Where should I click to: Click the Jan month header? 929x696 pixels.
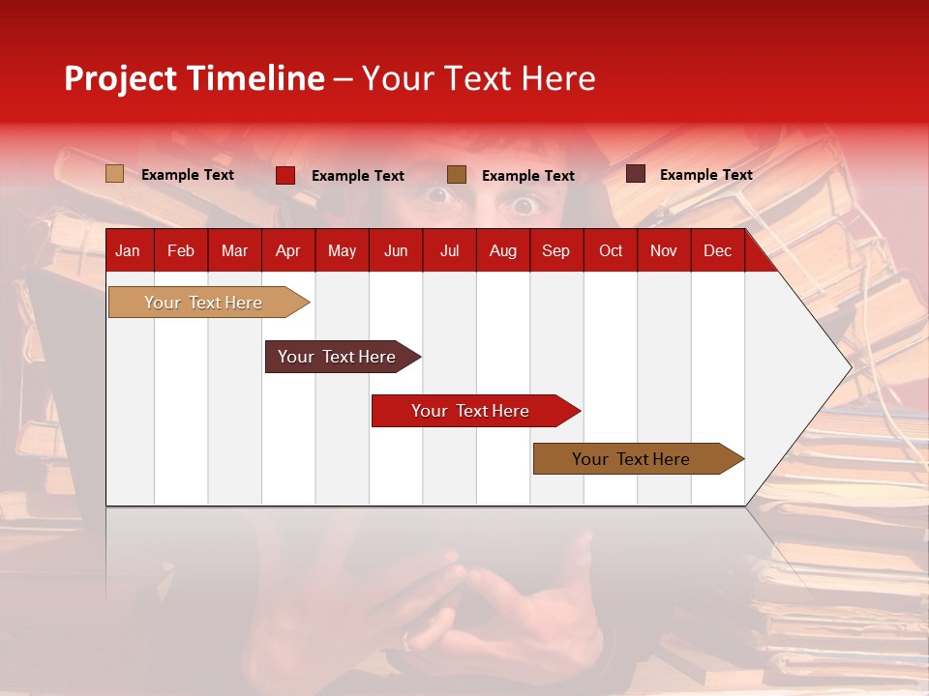[128, 250]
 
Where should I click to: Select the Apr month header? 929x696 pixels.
[287, 250]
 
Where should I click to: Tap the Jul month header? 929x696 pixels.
[449, 250]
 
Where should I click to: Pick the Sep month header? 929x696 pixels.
[555, 250]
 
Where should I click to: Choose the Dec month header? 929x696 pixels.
[717, 250]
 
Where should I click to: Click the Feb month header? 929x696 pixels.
[181, 250]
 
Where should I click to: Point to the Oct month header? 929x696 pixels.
[611, 250]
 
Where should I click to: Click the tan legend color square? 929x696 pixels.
[114, 174]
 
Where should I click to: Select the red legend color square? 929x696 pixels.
[285, 175]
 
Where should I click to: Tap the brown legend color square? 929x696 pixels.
[457, 175]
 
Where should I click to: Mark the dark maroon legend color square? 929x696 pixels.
[635, 174]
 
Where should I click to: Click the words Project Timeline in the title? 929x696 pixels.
[195, 78]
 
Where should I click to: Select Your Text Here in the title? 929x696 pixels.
[478, 78]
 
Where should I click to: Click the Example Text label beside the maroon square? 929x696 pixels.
[705, 175]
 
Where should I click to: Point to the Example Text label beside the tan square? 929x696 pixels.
[188, 175]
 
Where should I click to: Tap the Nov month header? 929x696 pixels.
[664, 250]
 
